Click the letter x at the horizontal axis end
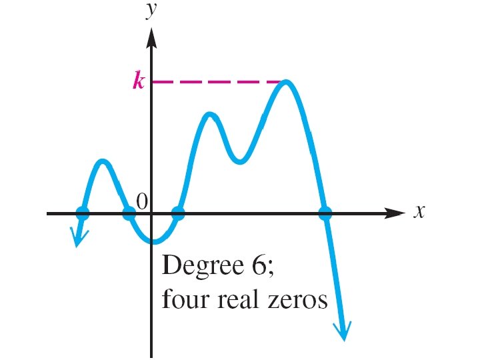(x=419, y=211)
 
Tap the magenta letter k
(x=138, y=82)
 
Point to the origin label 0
(x=141, y=201)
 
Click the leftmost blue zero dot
(x=83, y=213)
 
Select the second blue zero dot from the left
(x=129, y=213)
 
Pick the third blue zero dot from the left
(x=178, y=213)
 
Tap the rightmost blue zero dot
(x=325, y=213)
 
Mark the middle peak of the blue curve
(x=210, y=115)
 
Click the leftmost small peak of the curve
(x=102, y=161)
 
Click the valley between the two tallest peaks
(x=240, y=161)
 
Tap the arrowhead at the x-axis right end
(x=396, y=213)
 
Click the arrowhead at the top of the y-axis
(x=152, y=37)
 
